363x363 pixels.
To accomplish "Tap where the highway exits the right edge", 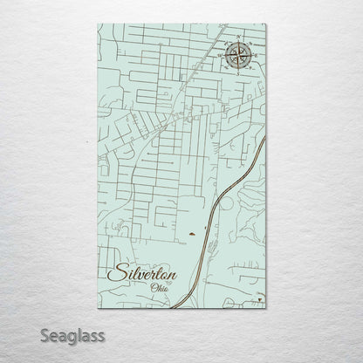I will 265,137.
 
